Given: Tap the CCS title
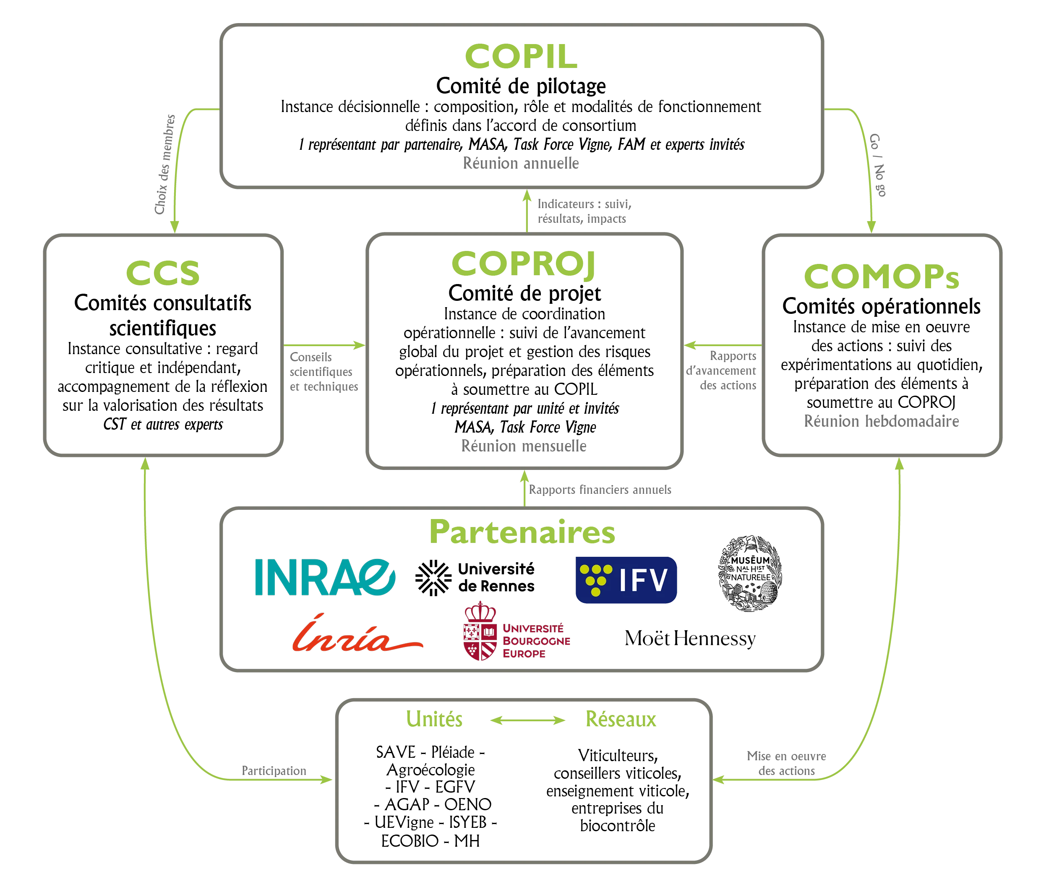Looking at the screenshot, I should [x=163, y=273].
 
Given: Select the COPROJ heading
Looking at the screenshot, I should [x=522, y=263].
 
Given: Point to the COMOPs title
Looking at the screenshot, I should [x=881, y=276].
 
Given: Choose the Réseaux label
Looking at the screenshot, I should [x=621, y=719].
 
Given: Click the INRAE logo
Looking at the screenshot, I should [x=325, y=577].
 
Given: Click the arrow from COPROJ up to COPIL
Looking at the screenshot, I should [x=526, y=212].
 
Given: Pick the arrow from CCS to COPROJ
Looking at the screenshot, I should [x=325, y=344].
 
